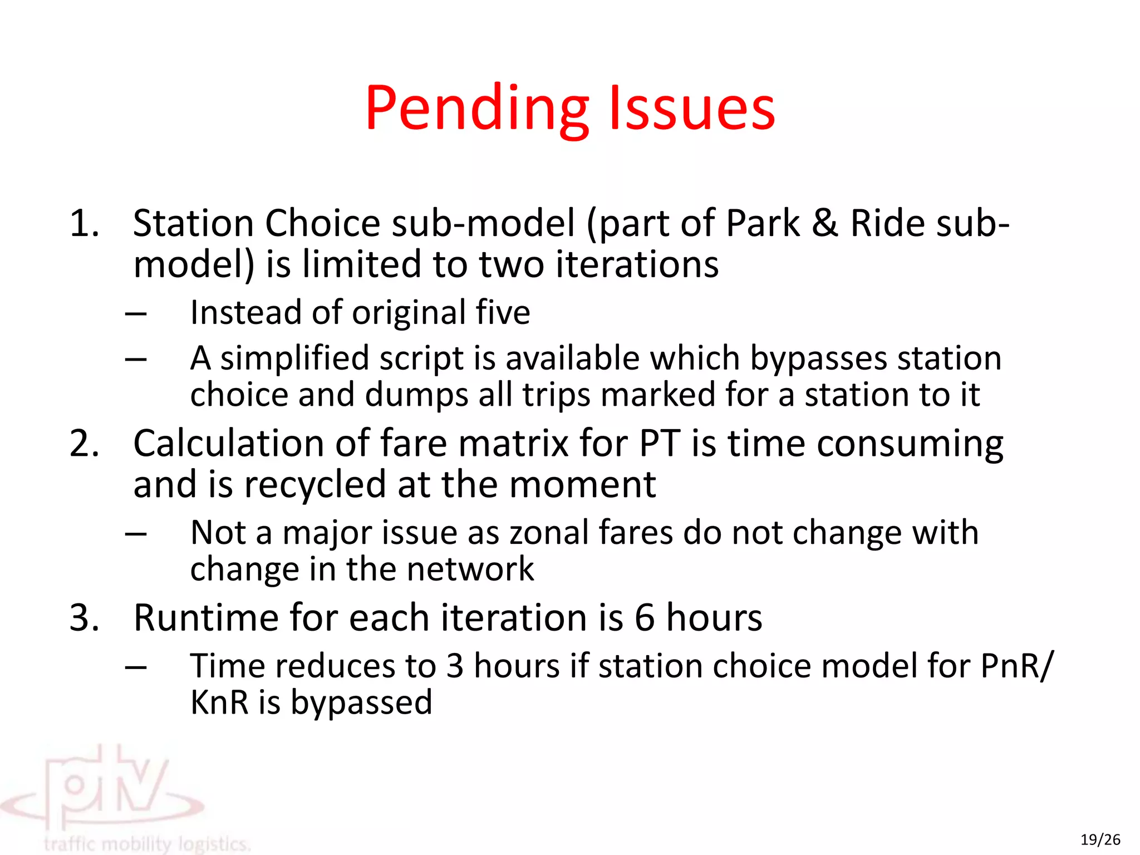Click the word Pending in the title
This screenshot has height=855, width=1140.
click(x=476, y=109)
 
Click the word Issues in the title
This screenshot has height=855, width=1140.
click(x=692, y=109)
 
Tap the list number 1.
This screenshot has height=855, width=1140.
click(x=83, y=224)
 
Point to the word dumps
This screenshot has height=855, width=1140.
click(x=416, y=395)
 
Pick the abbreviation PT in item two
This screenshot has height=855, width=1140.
click(x=660, y=444)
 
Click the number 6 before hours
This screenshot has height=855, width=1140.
click(x=644, y=618)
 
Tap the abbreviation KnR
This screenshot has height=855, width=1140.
click(x=219, y=702)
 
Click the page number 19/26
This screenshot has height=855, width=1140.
click(x=1100, y=839)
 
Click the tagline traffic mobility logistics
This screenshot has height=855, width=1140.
click(x=147, y=844)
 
